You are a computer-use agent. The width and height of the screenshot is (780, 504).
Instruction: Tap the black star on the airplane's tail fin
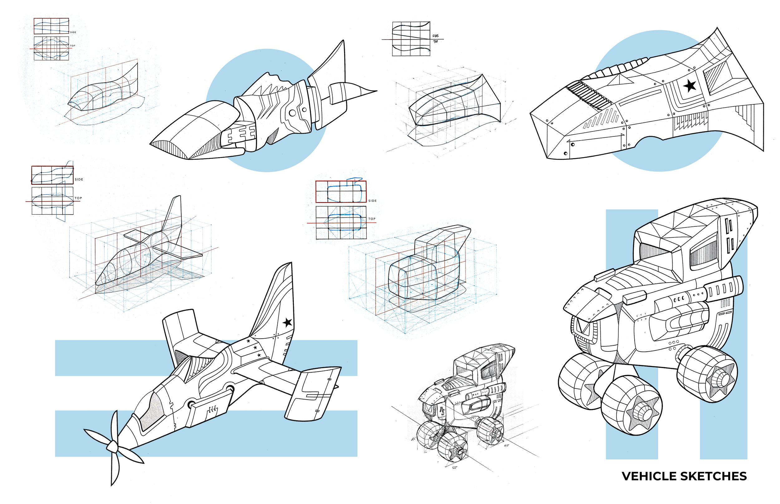[x=287, y=322]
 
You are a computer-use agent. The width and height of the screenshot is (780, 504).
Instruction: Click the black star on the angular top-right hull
[x=690, y=86]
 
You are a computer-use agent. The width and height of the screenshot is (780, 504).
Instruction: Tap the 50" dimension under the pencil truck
[x=454, y=468]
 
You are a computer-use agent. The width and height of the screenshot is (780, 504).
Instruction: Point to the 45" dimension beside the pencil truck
[x=414, y=440]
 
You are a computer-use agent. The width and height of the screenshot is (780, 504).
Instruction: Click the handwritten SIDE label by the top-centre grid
[x=435, y=36]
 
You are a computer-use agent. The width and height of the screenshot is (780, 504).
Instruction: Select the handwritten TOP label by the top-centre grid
[x=435, y=41]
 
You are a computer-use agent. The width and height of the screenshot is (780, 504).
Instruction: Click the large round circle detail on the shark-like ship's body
[x=292, y=113]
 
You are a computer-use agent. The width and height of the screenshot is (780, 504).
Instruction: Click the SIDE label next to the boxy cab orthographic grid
[x=372, y=201]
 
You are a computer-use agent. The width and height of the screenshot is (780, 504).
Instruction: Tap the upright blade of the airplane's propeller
[x=115, y=426]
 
